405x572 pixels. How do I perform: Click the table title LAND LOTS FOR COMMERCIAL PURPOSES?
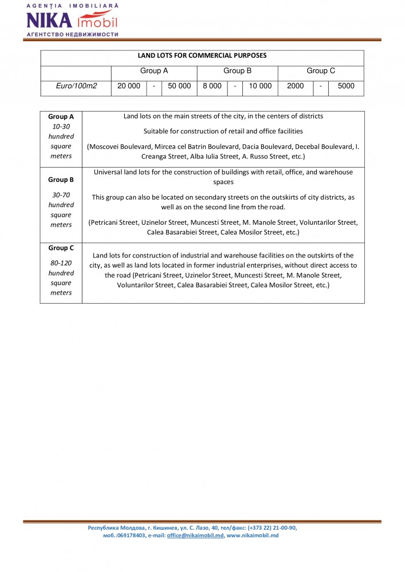click(202, 56)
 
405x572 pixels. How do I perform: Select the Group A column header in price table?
click(154, 71)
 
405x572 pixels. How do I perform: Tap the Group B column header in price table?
click(237, 71)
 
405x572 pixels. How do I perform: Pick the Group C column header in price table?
click(321, 71)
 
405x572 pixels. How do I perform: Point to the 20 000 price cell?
click(129, 86)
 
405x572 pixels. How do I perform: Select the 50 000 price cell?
click(179, 86)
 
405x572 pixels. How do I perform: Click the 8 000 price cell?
click(212, 86)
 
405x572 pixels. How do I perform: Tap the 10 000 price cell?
click(260, 86)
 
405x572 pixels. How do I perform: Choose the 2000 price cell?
click(296, 86)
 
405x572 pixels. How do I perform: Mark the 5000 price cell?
click(346, 86)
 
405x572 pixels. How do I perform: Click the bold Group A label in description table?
click(61, 117)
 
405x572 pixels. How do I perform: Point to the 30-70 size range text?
click(61, 195)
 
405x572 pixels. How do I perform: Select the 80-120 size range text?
click(61, 263)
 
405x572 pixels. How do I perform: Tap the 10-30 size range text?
click(61, 126)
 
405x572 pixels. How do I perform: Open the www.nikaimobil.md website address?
click(253, 535)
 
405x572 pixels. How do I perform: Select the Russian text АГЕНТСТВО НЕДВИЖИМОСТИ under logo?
click(72, 34)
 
